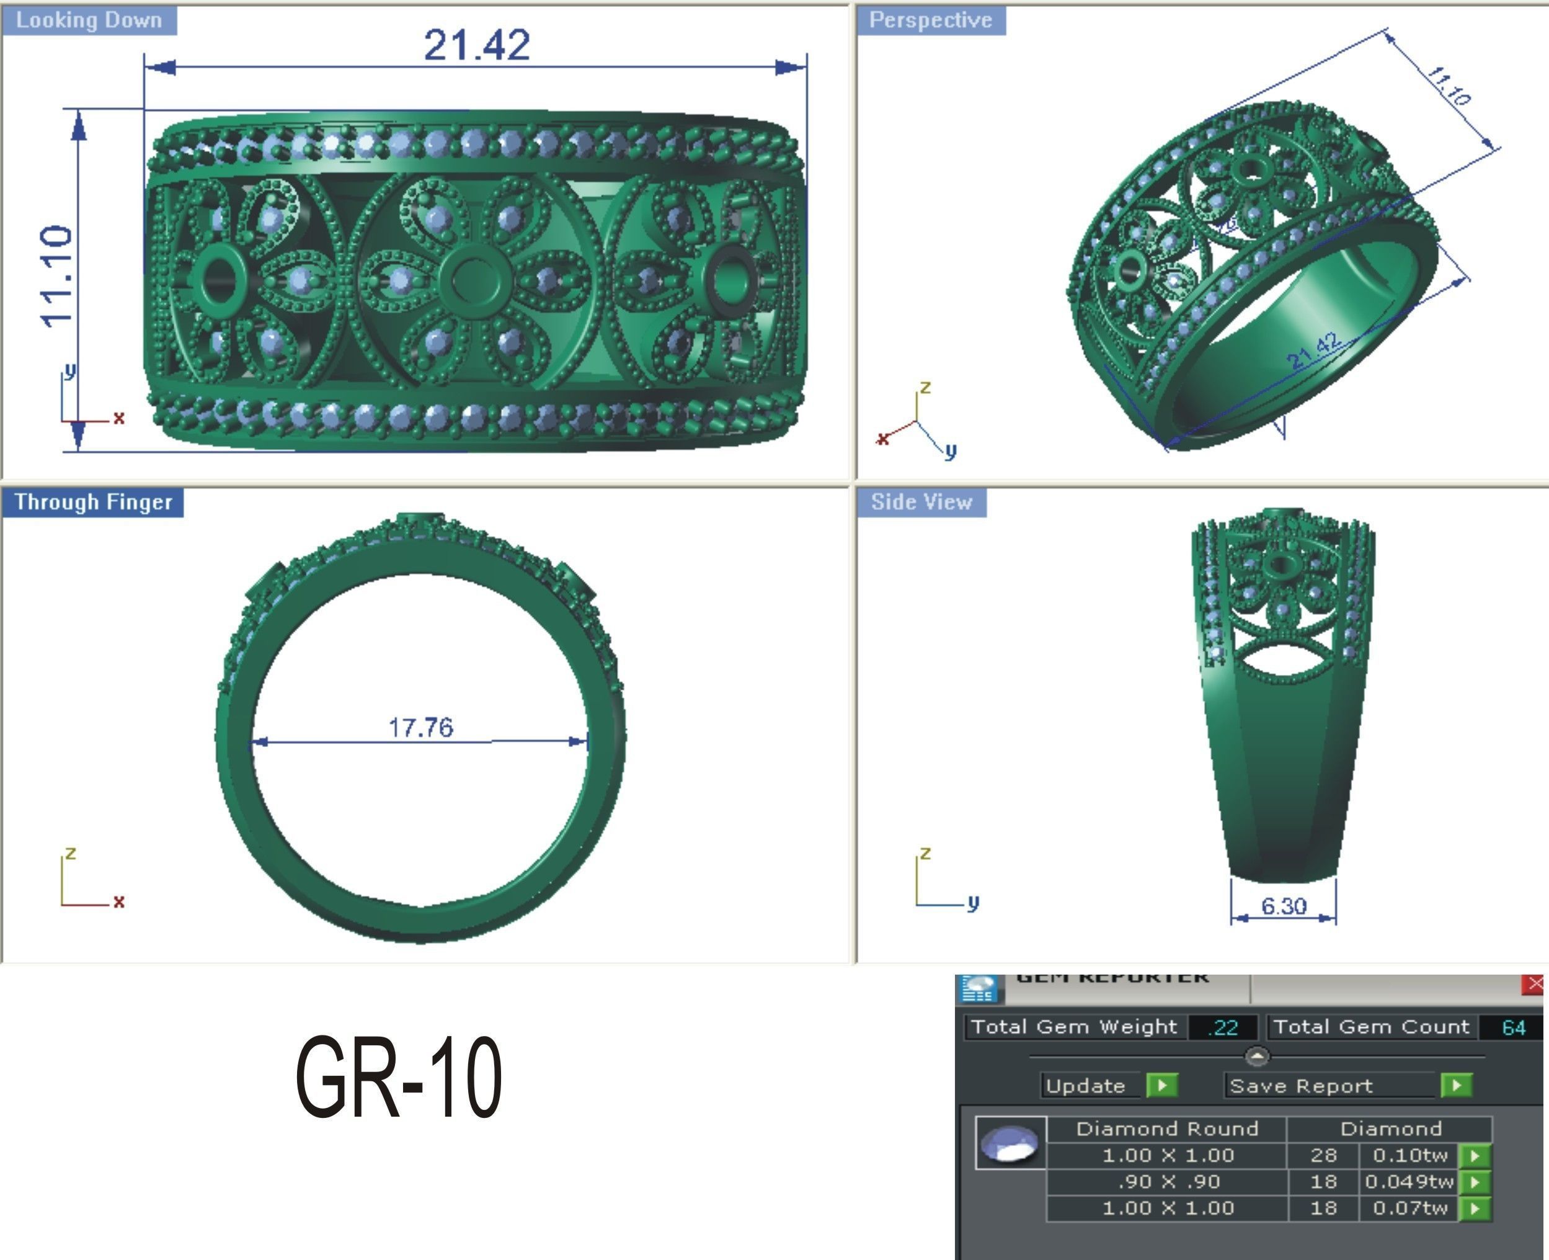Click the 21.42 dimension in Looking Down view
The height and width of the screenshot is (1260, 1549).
click(477, 45)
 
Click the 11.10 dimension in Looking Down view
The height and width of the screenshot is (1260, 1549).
click(56, 277)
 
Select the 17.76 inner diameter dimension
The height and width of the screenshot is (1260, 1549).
click(421, 726)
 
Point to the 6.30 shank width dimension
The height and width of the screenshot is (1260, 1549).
click(1284, 906)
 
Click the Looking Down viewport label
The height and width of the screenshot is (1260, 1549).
click(89, 20)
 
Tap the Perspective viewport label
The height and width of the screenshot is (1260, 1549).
click(930, 20)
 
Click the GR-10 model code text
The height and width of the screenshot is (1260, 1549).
click(398, 1077)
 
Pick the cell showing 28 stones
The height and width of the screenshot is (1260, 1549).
click(1323, 1155)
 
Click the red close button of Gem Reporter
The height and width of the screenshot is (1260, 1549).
click(1535, 984)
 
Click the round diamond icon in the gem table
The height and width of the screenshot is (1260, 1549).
click(1010, 1143)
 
